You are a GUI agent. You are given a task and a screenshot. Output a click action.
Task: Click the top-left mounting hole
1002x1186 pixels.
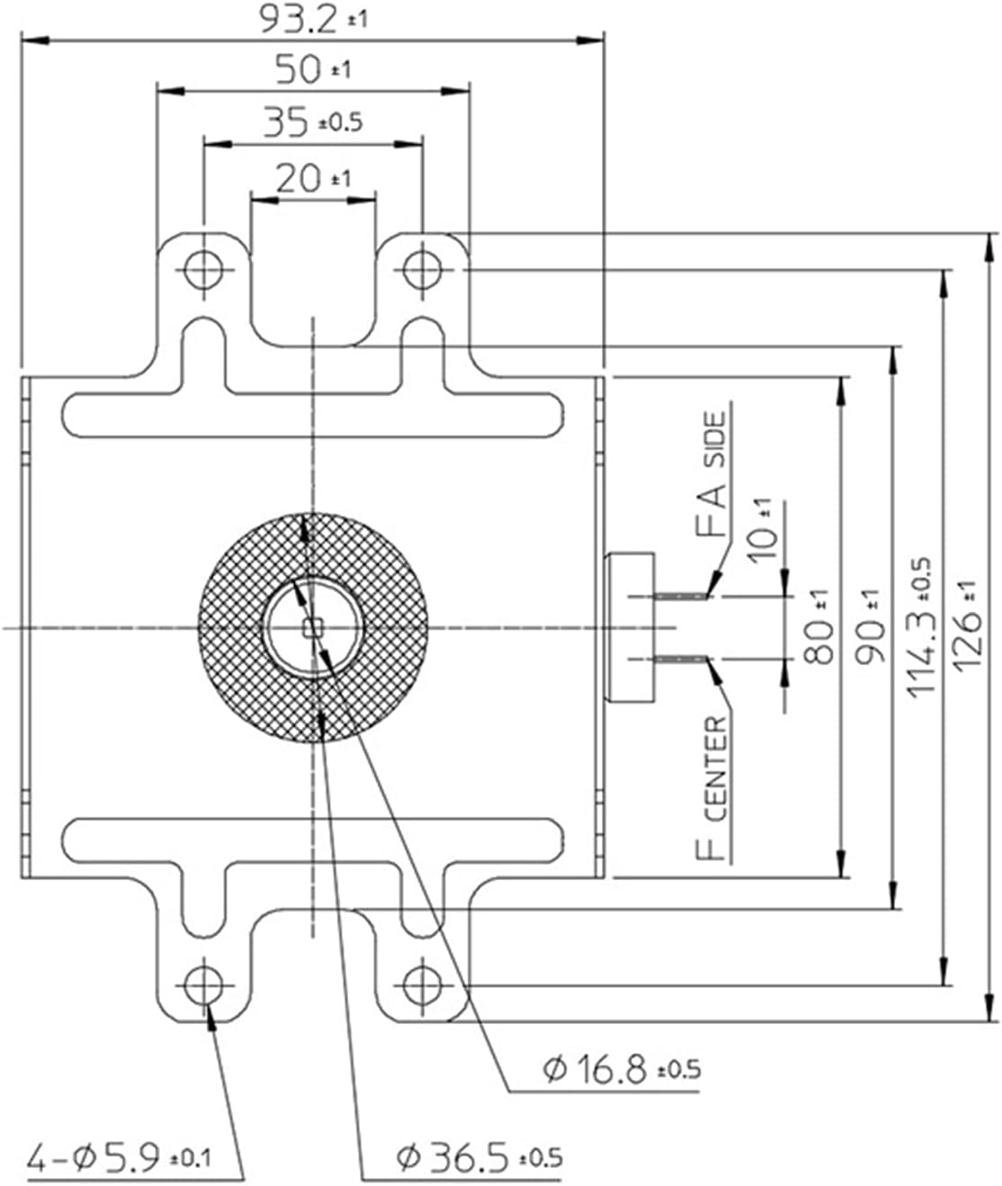pyautogui.click(x=204, y=268)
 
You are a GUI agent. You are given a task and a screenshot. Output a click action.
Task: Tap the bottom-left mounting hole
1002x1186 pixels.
pyautogui.click(x=204, y=985)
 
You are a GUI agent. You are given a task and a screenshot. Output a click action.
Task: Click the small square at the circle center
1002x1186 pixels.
pyautogui.click(x=313, y=627)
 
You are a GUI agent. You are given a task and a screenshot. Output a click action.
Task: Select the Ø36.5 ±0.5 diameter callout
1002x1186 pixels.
pyautogui.click(x=479, y=1155)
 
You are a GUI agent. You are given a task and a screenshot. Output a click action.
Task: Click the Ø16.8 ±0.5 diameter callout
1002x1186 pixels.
pyautogui.click(x=621, y=1070)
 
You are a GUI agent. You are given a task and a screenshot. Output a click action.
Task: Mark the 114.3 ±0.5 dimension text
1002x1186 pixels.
pyautogui.click(x=919, y=627)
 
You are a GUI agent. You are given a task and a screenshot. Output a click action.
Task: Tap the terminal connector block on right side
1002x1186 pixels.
pyautogui.click(x=632, y=627)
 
